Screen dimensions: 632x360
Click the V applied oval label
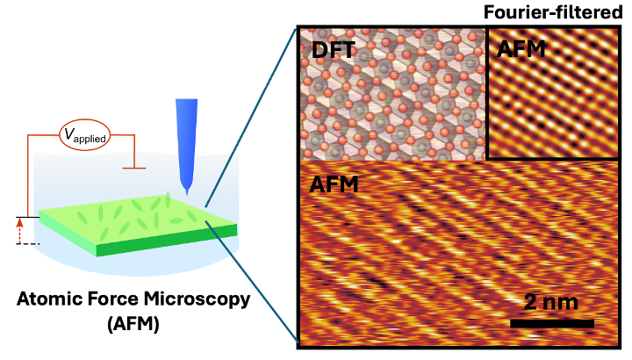point(84,135)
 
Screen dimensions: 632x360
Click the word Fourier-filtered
point(553,12)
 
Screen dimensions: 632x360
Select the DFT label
point(334,50)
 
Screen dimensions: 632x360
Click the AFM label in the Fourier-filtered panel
point(521,49)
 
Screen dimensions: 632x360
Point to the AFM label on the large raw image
point(334,184)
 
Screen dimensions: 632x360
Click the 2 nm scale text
point(550,301)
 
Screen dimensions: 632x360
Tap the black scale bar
point(552,323)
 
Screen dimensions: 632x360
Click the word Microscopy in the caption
point(197,300)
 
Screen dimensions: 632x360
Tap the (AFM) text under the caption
point(133,324)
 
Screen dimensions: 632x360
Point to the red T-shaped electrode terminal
point(134,168)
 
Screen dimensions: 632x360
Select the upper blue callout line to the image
point(251,117)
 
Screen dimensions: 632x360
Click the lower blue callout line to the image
point(252,281)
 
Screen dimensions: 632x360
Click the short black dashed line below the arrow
point(28,244)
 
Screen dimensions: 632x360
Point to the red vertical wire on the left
point(27,176)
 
